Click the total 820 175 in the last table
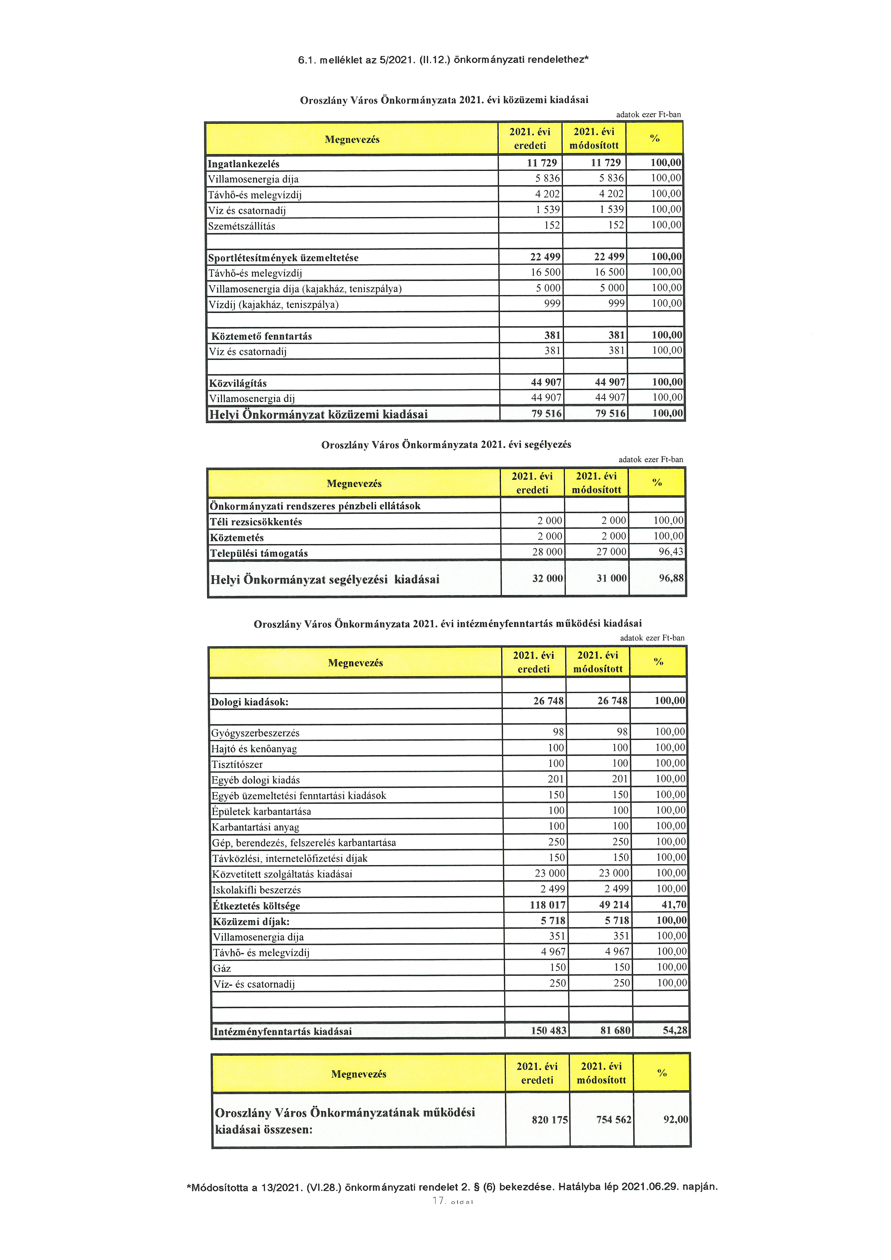[550, 1120]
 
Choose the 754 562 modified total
[614, 1120]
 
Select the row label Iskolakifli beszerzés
[256, 890]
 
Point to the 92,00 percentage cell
[675, 1120]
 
